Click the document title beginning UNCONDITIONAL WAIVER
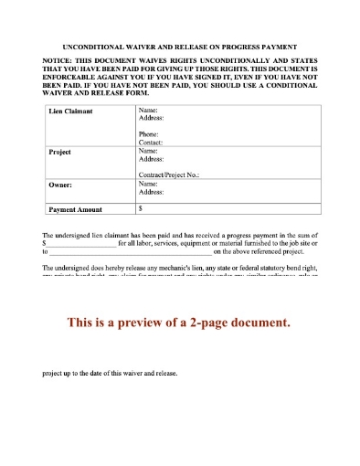179,45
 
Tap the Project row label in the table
59,152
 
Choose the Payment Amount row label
76,208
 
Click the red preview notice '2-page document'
179,323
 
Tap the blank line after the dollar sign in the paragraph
80,244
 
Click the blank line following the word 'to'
129,252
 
